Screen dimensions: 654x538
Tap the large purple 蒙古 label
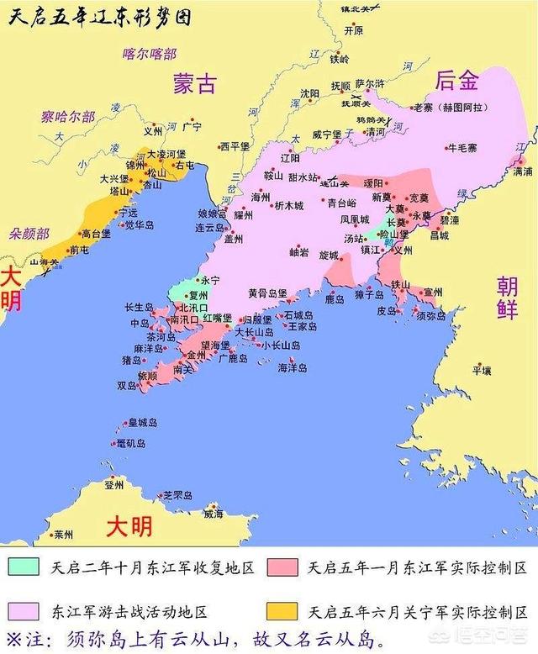pos(194,83)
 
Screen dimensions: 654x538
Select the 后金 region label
pos(456,81)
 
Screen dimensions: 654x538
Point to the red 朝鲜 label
pos(507,296)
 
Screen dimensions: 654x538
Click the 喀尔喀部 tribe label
pos(150,55)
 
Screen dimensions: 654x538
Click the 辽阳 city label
pos(289,157)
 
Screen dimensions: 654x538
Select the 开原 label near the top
pos(354,31)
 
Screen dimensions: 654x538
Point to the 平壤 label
pos(481,370)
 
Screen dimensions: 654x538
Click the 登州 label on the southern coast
pos(114,485)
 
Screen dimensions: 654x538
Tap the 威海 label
pos(214,514)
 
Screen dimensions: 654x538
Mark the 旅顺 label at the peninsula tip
pos(147,375)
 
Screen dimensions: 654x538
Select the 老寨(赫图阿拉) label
pos(447,108)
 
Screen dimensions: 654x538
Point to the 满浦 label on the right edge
pos(522,171)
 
